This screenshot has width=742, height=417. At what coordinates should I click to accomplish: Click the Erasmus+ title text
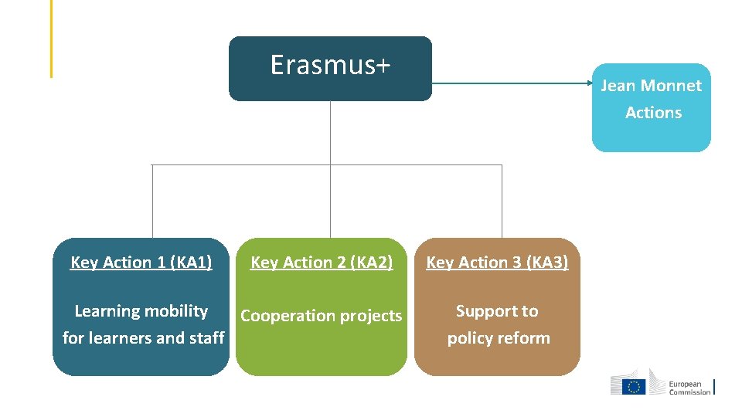[330, 66]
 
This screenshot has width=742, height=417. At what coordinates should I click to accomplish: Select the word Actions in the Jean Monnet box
[653, 113]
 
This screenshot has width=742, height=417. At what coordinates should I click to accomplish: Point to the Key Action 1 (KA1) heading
[141, 263]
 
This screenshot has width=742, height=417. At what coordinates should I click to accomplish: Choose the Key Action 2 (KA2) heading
[322, 263]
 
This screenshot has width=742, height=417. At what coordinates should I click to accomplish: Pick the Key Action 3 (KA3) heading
[497, 263]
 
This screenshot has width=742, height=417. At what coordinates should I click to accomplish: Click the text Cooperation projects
[322, 316]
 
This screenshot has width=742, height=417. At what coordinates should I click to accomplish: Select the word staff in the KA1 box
[206, 338]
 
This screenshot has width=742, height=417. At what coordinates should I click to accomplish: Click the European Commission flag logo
[635, 386]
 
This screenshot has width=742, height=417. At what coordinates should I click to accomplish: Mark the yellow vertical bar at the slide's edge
[51, 39]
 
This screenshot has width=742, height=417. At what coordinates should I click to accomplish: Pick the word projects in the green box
[373, 316]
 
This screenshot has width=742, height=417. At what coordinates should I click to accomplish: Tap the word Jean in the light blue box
[617, 86]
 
